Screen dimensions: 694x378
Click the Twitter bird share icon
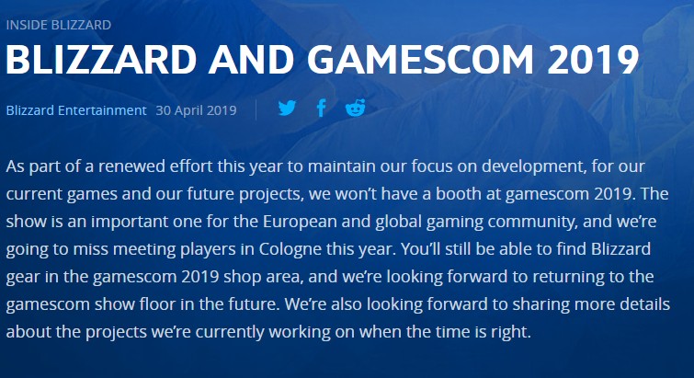(287, 108)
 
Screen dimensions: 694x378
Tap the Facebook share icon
(322, 108)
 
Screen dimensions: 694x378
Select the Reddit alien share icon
(356, 108)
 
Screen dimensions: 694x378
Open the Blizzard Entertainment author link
(76, 110)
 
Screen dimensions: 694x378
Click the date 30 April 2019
(196, 110)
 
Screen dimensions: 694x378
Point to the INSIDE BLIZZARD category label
(59, 25)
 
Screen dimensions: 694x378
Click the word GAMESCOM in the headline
(420, 60)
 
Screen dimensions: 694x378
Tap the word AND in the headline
(251, 60)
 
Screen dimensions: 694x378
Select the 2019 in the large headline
(593, 60)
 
